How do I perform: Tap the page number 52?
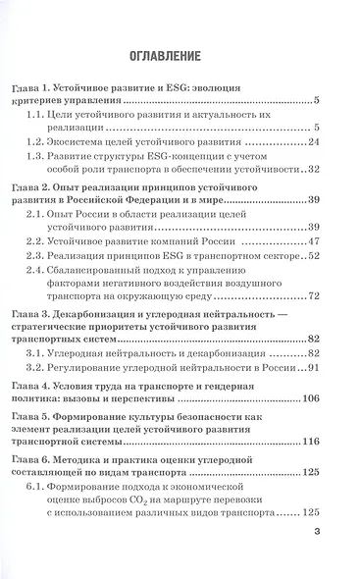click(313, 255)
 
